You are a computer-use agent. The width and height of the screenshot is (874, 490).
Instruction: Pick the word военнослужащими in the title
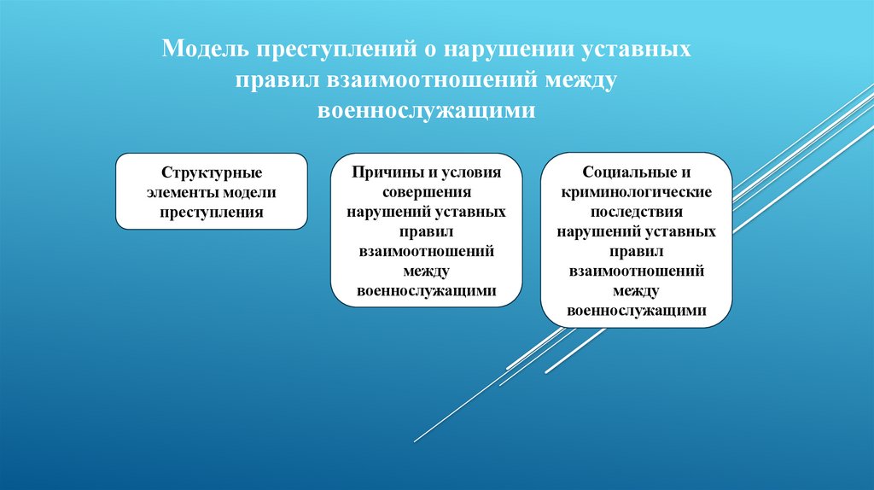coord(427,111)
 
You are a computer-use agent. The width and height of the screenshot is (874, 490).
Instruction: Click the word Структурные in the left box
coord(211,173)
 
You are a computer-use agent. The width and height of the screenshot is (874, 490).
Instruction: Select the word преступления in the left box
coord(211,211)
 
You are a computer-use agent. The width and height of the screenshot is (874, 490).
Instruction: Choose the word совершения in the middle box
coord(426,192)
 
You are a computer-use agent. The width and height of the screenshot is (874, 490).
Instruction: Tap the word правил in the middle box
coord(426,231)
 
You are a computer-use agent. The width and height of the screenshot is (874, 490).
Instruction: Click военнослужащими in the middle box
coord(426,290)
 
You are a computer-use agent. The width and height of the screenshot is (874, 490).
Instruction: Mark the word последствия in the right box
coord(636,211)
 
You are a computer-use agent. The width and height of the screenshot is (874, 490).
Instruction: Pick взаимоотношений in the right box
coord(636,271)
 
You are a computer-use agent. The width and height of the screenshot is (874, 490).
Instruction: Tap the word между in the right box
coord(636,290)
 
